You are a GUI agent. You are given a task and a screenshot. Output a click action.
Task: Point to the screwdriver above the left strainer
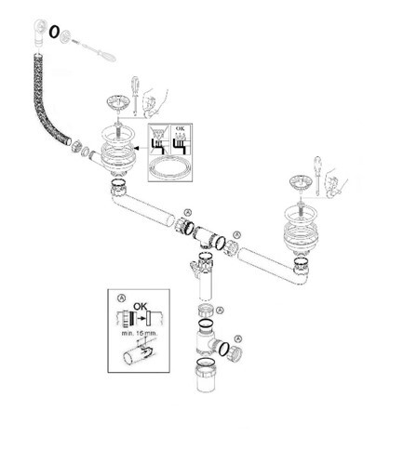point(136,96)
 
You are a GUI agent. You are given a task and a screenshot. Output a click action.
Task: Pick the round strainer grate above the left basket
point(117,103)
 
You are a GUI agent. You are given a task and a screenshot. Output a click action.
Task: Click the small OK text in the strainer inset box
point(180,128)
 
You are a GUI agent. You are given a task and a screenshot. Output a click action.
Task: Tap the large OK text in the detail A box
point(140,307)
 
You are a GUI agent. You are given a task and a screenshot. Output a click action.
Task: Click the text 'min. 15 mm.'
point(140,334)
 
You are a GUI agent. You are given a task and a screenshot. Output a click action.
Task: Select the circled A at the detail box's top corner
point(121,298)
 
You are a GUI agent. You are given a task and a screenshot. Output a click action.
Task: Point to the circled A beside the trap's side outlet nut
point(238,338)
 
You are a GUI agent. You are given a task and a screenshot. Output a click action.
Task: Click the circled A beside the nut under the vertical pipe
point(220,310)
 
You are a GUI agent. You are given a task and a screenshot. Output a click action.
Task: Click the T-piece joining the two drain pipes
point(205,237)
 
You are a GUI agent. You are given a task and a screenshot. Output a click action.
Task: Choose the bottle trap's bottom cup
point(206,375)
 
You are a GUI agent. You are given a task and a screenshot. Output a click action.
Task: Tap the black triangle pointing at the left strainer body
point(137,148)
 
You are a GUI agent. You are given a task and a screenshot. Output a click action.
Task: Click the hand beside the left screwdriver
point(154,101)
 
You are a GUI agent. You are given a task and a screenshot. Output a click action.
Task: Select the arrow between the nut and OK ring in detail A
point(141,318)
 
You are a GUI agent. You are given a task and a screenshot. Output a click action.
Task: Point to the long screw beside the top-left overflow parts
point(93,49)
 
